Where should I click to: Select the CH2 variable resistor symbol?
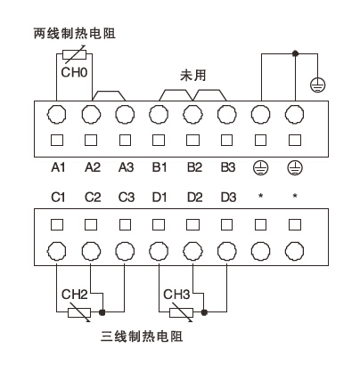tap(78, 311)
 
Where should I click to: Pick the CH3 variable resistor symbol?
tap(180, 311)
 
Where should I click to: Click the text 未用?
tap(192, 76)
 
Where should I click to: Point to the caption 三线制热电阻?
tap(144, 338)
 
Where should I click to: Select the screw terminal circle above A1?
tap(56, 113)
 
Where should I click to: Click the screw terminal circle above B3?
tap(226, 113)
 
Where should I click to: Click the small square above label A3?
tap(124, 141)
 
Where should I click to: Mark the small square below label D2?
tap(192, 221)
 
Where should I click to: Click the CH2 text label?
tap(74, 293)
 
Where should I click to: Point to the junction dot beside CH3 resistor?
tap(205, 311)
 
